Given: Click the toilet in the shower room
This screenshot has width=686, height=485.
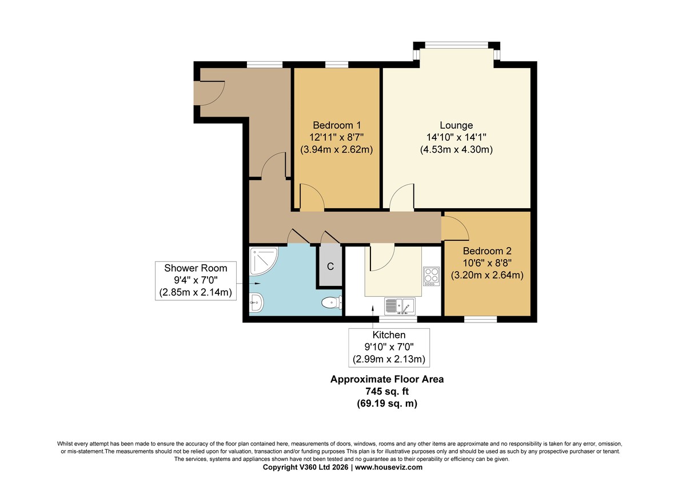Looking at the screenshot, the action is [x=332, y=303].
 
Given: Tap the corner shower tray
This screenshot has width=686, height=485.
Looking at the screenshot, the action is [x=264, y=261].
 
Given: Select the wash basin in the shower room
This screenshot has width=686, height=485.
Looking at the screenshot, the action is [x=256, y=303].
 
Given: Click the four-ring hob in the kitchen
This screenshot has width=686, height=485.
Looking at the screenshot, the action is [x=431, y=276].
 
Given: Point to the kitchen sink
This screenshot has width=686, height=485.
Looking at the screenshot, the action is [x=400, y=307].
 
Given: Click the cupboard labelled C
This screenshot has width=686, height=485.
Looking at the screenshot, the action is [x=330, y=265].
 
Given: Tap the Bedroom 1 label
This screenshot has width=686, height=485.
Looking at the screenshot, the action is [x=337, y=125].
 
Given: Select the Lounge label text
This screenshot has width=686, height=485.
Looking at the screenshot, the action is [x=456, y=125].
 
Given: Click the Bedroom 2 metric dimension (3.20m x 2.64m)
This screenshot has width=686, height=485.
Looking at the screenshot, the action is [x=487, y=275].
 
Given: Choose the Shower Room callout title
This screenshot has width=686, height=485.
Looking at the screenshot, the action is [x=196, y=268].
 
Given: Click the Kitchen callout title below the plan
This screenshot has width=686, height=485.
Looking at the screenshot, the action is [x=389, y=335].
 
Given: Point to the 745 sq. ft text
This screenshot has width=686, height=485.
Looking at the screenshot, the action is [x=387, y=391].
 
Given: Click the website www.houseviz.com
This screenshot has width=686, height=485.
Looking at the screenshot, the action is [x=389, y=467].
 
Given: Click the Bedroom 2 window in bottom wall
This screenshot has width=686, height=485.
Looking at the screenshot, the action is [x=481, y=319].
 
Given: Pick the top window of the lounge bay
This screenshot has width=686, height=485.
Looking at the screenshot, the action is [x=457, y=45].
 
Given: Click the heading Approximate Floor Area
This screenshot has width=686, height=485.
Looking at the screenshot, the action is [x=387, y=379].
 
